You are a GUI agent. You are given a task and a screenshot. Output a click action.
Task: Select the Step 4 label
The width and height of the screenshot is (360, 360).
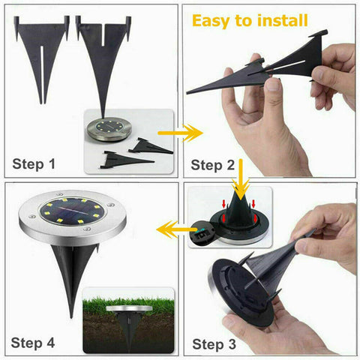click(34, 343)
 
